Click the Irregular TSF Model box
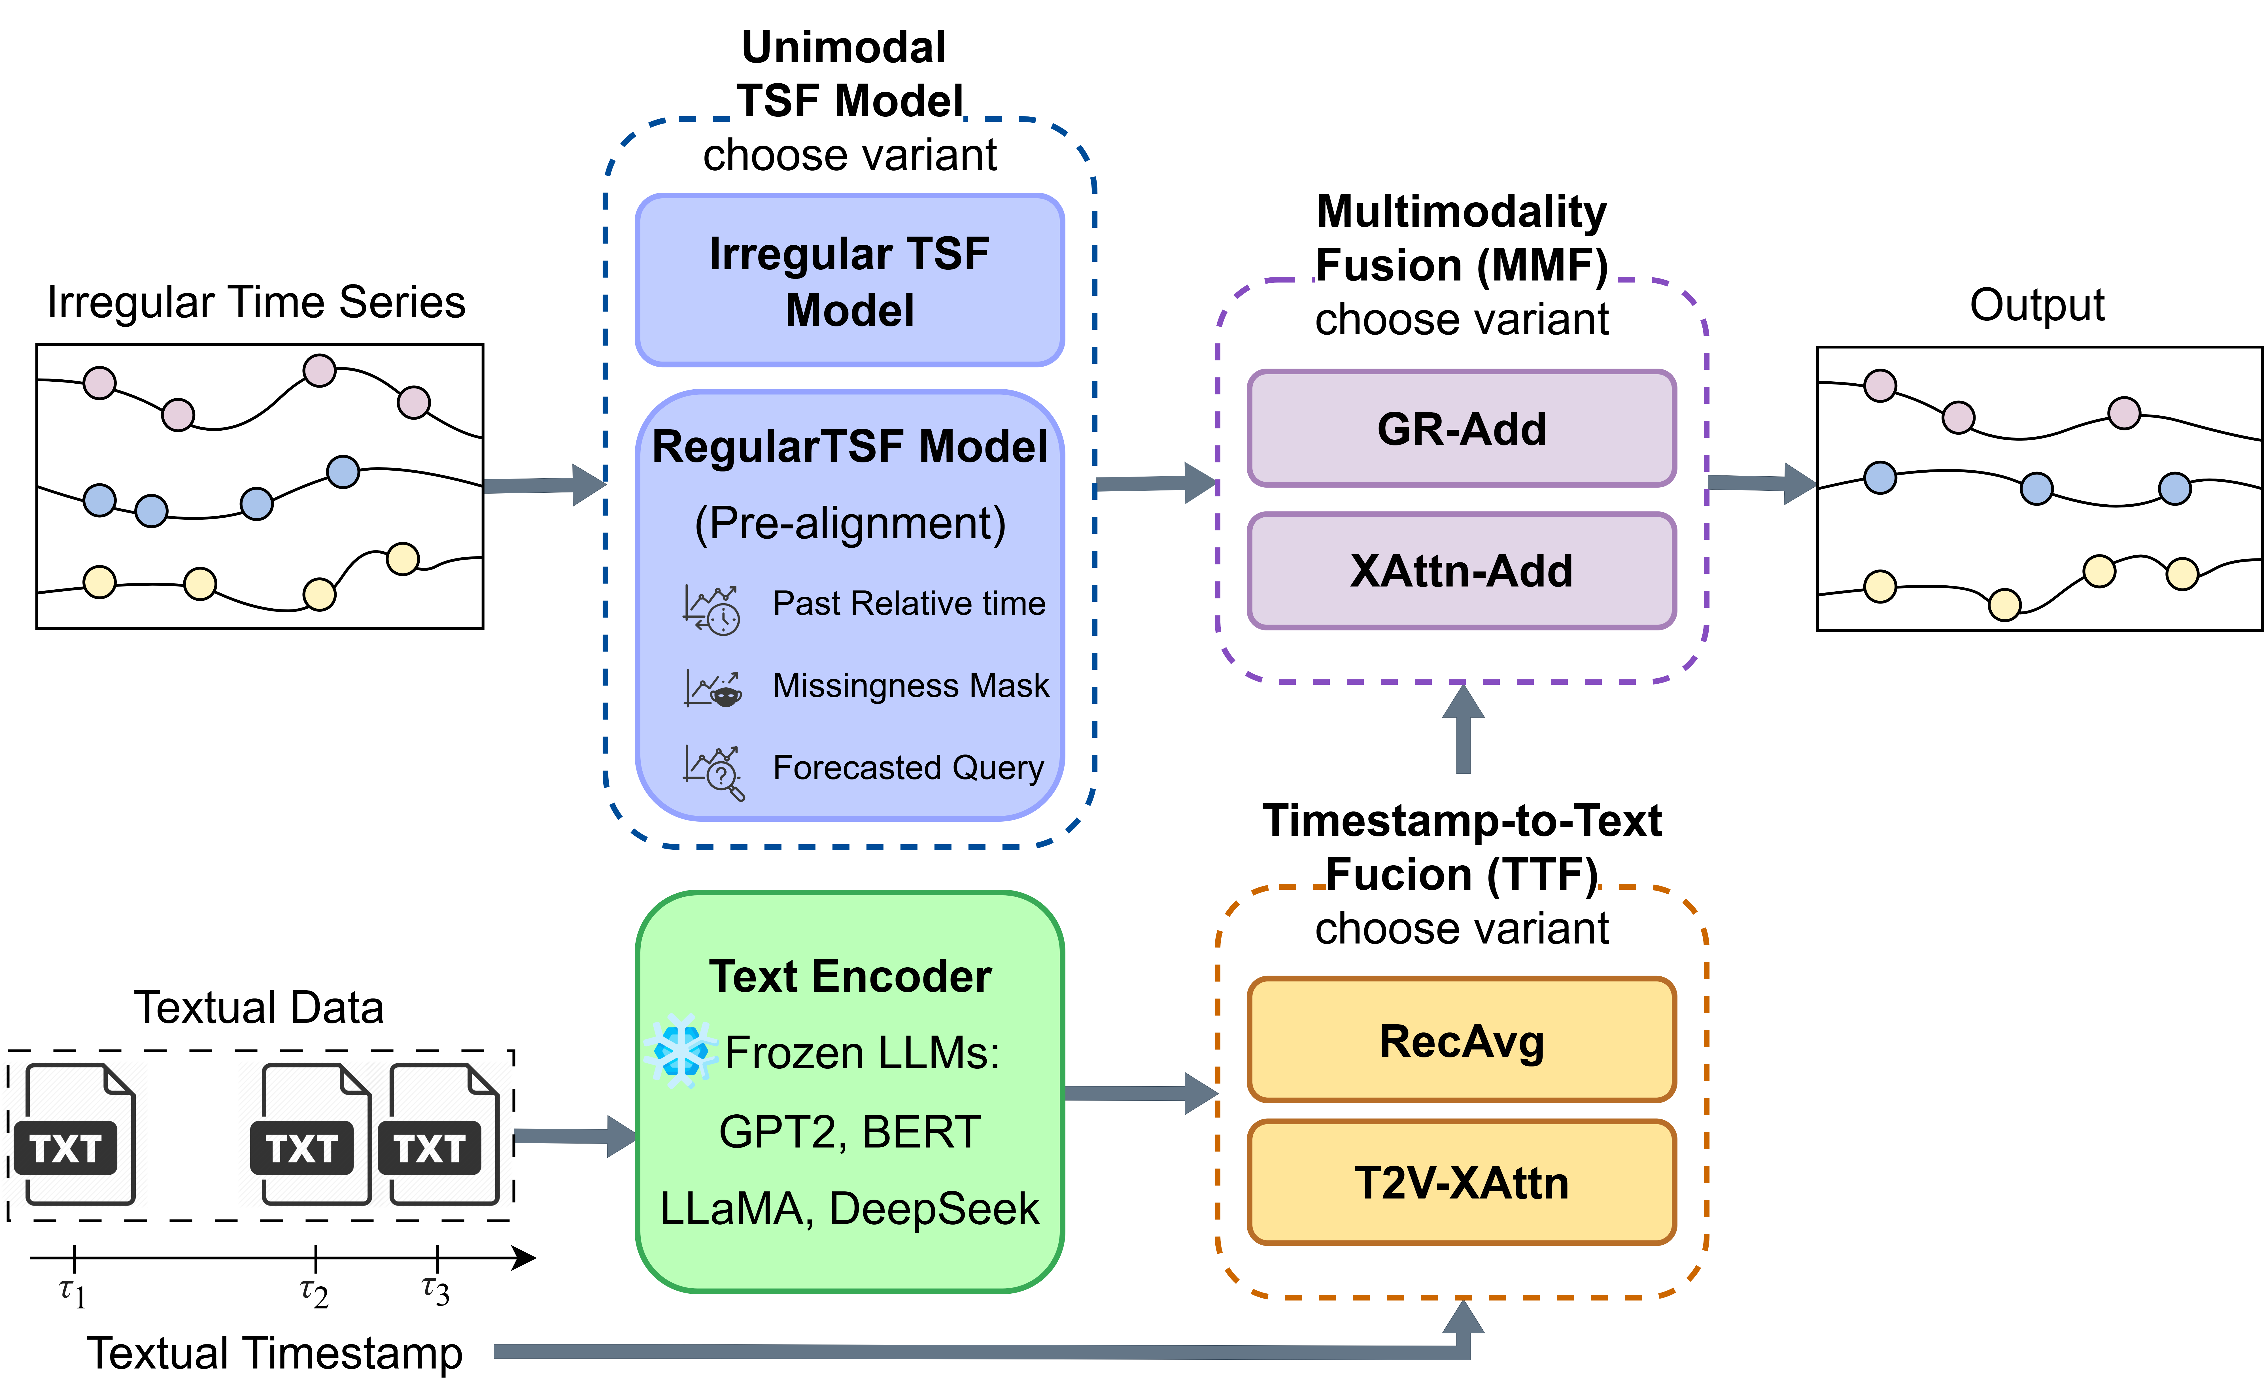point(849,280)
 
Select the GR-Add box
point(1461,429)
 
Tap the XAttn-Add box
point(1461,571)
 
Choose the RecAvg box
point(1461,1041)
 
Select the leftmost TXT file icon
point(74,1135)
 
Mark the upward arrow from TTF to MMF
point(1463,728)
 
